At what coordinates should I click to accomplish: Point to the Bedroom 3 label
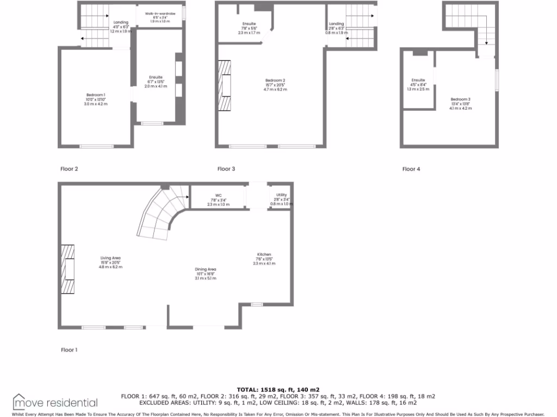pyautogui.click(x=461, y=99)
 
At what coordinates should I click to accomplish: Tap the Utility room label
pyautogui.click(x=281, y=195)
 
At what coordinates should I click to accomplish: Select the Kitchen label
pyautogui.click(x=264, y=255)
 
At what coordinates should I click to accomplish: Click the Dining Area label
pyautogui.click(x=206, y=269)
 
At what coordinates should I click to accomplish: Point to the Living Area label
pyautogui.click(x=110, y=258)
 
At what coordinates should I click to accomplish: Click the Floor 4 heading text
pyautogui.click(x=411, y=169)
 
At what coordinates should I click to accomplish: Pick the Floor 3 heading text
pyautogui.click(x=226, y=169)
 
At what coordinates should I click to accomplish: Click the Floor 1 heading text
pyautogui.click(x=69, y=350)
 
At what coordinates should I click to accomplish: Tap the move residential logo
pyautogui.click(x=55, y=402)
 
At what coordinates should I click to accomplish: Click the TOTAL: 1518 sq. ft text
pyautogui.click(x=278, y=390)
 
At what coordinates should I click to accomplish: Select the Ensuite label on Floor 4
pyautogui.click(x=418, y=80)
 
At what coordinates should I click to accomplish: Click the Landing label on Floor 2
pyautogui.click(x=121, y=22)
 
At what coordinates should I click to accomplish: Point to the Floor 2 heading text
pyautogui.click(x=69, y=169)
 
